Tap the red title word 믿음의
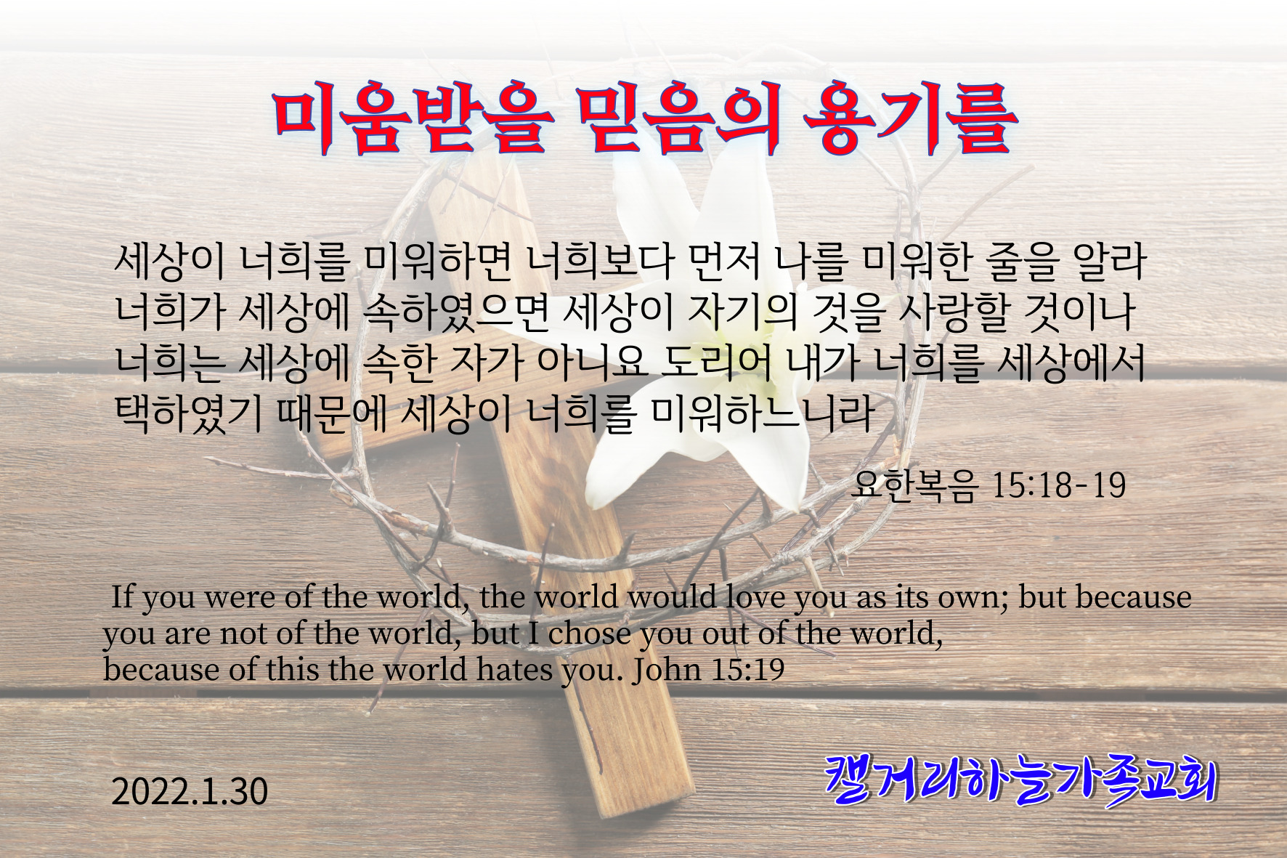point(681,121)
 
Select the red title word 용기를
point(910,121)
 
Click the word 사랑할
point(954,313)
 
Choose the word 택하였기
point(189,414)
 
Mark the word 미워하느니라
point(762,414)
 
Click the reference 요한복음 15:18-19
point(988,485)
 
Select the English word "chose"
point(590,634)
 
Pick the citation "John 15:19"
point(708,669)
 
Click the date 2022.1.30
point(190,791)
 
